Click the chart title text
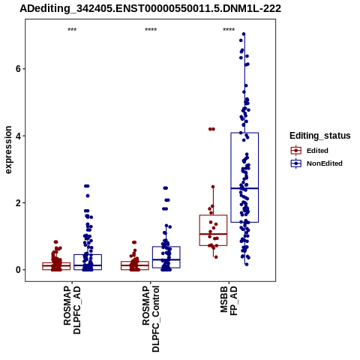[151, 9]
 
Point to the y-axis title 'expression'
[8, 150]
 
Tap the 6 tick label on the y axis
[18, 69]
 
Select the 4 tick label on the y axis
[18, 136]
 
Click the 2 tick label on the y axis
[18, 203]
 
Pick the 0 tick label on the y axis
[18, 270]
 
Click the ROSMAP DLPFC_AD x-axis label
[72, 310]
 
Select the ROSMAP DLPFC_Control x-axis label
[151, 319]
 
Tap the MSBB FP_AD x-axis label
[229, 301]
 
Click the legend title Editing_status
[320, 136]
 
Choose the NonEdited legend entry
[316, 163]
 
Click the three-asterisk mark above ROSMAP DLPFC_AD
[72, 30]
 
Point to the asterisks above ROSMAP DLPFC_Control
[151, 30]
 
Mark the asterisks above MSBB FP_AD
[229, 30]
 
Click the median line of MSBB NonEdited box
[244, 188]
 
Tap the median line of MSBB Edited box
[213, 234]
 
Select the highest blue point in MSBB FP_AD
[244, 34]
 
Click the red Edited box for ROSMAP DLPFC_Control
[135, 265]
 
